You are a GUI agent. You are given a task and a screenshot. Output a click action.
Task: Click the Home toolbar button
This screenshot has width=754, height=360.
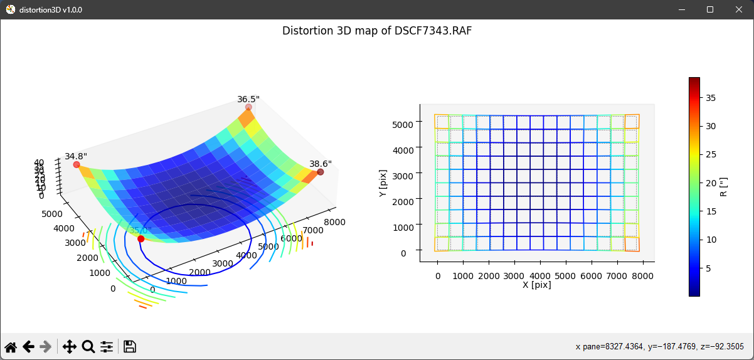[11, 347]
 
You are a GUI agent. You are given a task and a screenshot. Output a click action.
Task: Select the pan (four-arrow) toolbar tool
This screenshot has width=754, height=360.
[70, 347]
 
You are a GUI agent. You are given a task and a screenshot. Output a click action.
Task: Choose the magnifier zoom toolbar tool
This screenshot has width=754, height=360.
[88, 347]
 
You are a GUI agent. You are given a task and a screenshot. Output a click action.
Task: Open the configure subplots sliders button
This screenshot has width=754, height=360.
[107, 347]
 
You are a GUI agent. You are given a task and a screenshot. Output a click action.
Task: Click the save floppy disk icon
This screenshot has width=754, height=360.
[130, 347]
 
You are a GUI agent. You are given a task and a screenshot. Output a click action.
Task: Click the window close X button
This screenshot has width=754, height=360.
[738, 9]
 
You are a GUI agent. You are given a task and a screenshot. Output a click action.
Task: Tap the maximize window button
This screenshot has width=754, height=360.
[710, 9]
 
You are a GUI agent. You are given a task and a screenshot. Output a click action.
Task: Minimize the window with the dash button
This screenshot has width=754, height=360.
[681, 9]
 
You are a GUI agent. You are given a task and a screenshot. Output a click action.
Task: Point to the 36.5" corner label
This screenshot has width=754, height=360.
[248, 99]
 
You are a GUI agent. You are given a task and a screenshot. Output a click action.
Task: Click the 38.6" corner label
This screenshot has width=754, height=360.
[321, 164]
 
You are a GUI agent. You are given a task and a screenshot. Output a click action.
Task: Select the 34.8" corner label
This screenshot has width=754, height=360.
[76, 156]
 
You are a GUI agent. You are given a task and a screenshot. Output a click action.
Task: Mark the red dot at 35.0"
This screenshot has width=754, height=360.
[141, 239]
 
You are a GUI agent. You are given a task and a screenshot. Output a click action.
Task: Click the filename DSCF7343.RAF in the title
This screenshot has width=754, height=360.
[433, 31]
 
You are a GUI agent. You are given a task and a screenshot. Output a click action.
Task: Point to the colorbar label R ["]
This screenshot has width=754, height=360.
[723, 186]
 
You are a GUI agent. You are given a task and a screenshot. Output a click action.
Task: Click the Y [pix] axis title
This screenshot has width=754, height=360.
[383, 186]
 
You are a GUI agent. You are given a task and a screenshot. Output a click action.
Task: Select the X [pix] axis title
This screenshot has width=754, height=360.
[537, 285]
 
